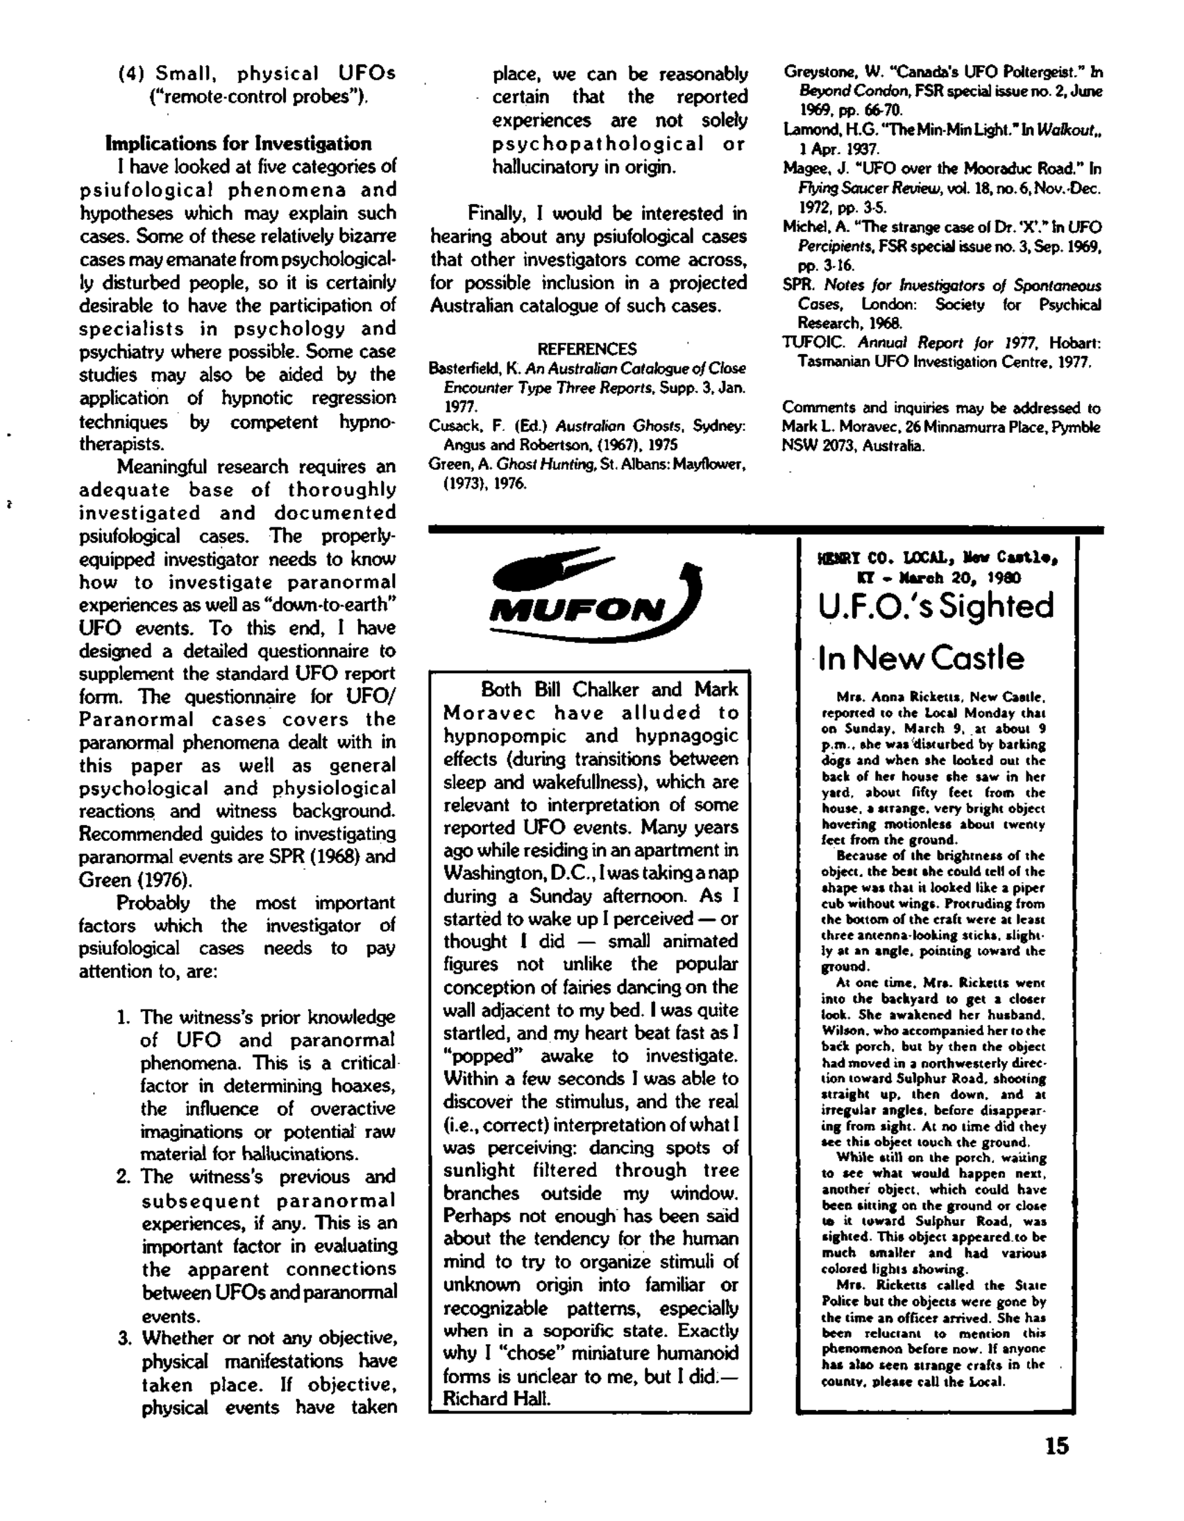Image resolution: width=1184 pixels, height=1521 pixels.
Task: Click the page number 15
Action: [x=1056, y=1447]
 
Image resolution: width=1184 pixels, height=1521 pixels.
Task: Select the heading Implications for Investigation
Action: [x=238, y=144]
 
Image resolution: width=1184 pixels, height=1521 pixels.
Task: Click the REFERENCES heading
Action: [x=586, y=349]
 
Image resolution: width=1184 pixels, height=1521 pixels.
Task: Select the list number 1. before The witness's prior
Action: [x=124, y=1017]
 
